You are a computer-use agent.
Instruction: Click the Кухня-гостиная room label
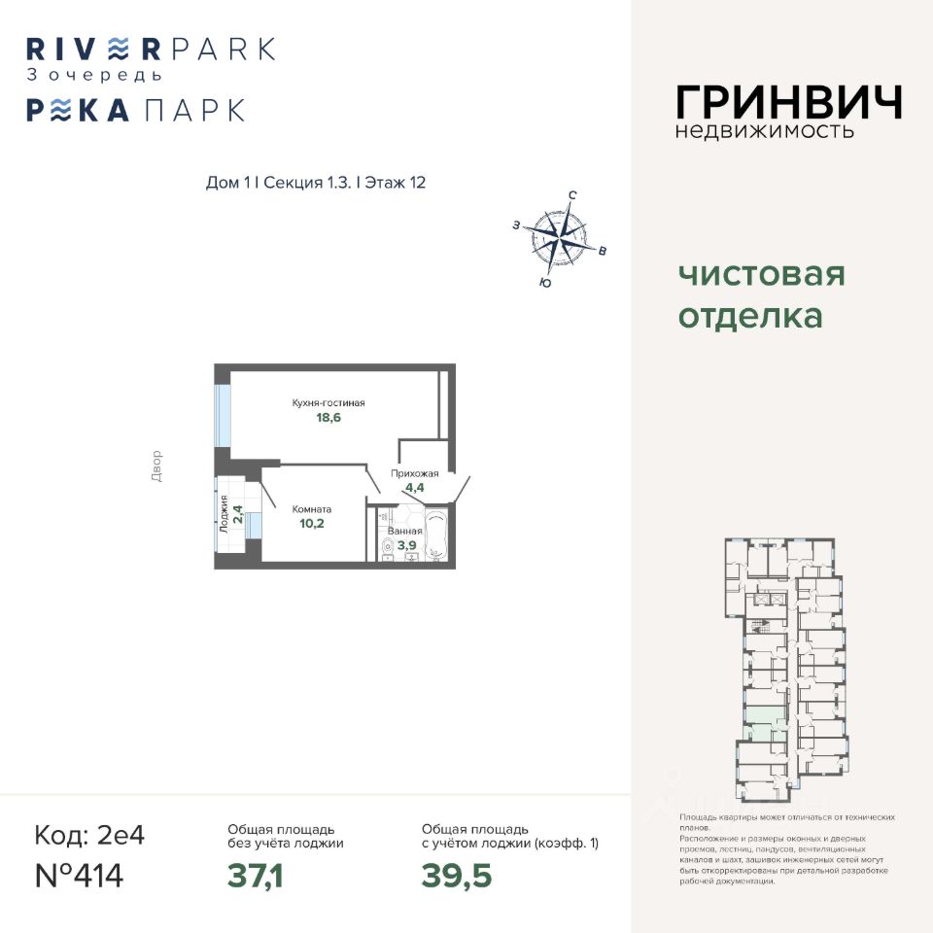click(328, 402)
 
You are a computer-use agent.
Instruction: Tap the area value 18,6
click(328, 419)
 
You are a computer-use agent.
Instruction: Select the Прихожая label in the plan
click(408, 473)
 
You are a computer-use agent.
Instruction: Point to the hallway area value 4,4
click(408, 489)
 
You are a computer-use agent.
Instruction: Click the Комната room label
click(312, 508)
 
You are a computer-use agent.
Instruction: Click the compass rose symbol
click(559, 236)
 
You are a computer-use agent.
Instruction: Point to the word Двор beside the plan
click(158, 466)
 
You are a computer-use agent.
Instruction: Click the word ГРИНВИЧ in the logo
click(788, 102)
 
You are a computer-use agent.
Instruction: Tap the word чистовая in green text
click(761, 274)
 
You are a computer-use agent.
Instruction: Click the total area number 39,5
click(456, 876)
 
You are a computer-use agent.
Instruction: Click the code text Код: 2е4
click(89, 835)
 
